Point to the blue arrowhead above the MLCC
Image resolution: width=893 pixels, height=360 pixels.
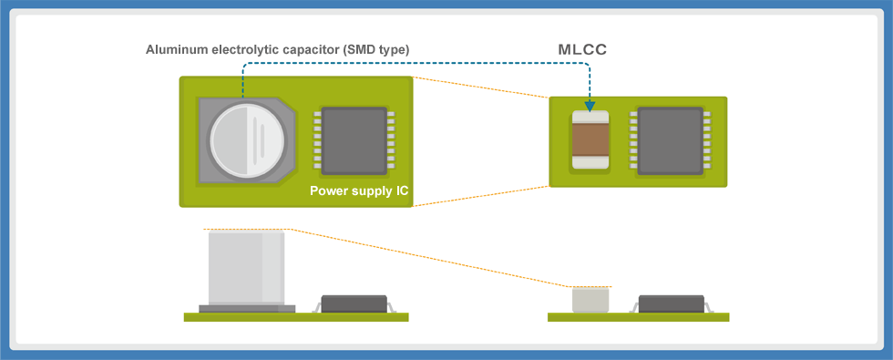tap(589, 104)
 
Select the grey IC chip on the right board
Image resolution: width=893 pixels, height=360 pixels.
tap(670, 140)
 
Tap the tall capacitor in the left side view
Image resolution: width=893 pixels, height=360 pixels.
tap(245, 268)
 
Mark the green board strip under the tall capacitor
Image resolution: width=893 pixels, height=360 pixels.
tap(295, 317)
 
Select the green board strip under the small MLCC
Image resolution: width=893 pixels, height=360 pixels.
tap(638, 317)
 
